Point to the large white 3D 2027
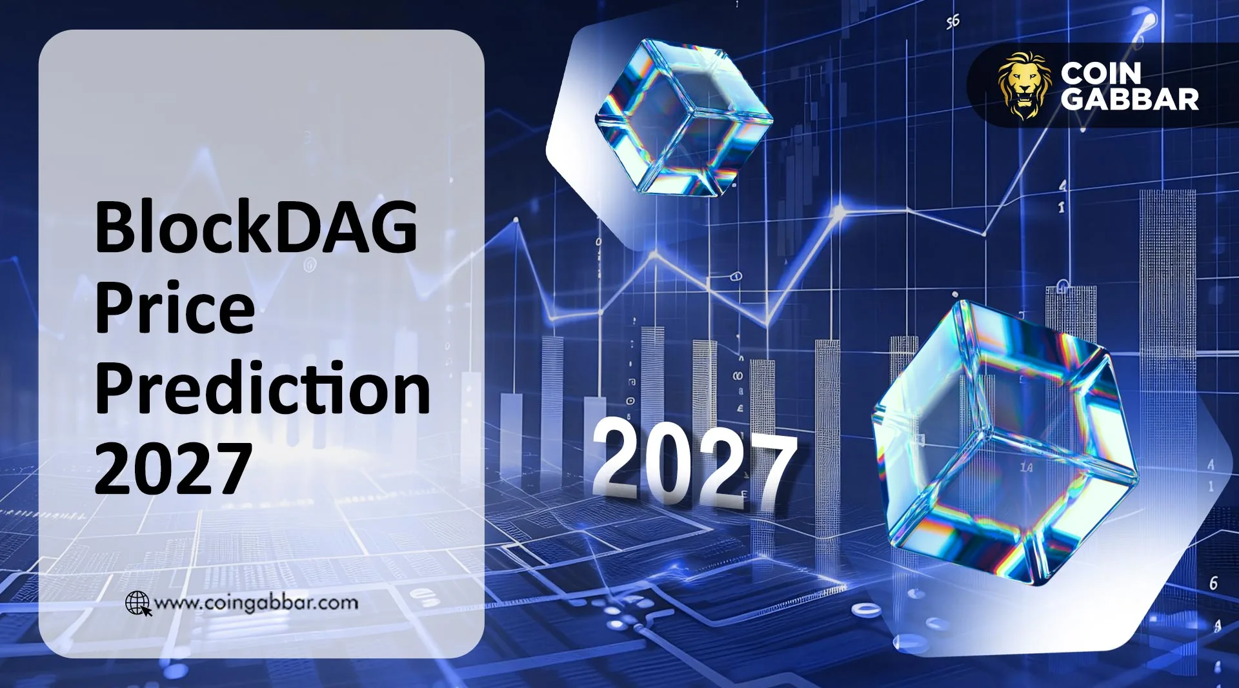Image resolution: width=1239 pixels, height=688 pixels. (x=694, y=463)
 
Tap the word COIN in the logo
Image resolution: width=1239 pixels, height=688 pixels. (x=1101, y=74)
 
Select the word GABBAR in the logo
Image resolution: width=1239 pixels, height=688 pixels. (x=1130, y=99)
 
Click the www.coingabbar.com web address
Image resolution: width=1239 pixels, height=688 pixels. (x=256, y=603)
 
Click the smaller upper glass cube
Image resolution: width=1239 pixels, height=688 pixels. (x=683, y=119)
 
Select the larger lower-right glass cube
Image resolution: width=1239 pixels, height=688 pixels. (x=1003, y=445)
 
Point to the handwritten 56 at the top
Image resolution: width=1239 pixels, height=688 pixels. (x=952, y=22)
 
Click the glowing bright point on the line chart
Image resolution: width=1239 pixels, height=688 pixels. (x=839, y=210)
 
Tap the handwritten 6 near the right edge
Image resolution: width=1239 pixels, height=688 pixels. (x=1213, y=583)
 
